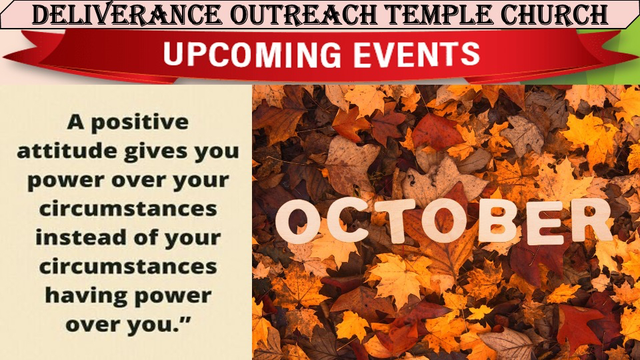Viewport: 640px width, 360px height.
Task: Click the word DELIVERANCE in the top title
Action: [x=127, y=15]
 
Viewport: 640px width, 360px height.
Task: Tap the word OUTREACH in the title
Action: [x=304, y=15]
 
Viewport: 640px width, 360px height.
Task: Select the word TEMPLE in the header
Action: [x=439, y=15]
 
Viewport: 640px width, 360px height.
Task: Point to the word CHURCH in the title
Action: [x=554, y=15]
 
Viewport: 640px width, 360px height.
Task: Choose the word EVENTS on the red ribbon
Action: [x=416, y=54]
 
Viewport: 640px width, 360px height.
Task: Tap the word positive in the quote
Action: [x=139, y=123]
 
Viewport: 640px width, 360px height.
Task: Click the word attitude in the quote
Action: [x=67, y=151]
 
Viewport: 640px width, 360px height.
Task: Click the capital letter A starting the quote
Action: [x=76, y=121]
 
